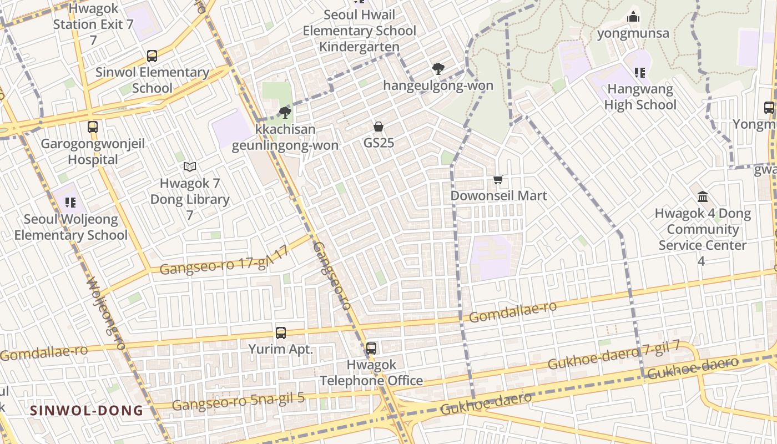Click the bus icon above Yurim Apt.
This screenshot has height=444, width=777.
click(281, 333)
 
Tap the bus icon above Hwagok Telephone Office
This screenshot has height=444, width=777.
click(371, 349)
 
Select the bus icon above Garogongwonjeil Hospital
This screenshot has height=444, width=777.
click(93, 127)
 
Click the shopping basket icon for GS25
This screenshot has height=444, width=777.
click(379, 127)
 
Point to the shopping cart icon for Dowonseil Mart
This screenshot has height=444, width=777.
click(498, 180)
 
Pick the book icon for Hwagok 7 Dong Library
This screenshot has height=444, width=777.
click(190, 167)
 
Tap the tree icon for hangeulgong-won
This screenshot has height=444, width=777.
click(438, 69)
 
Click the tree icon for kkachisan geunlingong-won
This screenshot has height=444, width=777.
click(286, 113)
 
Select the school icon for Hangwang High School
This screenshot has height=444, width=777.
click(640, 72)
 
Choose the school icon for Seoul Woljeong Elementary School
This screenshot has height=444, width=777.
click(70, 203)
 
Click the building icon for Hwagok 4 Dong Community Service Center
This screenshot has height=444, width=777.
click(703, 197)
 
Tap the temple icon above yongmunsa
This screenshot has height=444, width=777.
click(633, 17)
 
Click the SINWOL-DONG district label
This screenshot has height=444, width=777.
click(87, 411)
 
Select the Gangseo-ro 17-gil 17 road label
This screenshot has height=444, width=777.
click(224, 261)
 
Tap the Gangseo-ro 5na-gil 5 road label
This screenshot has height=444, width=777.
click(238, 401)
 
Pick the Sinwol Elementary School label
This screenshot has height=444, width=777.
click(152, 80)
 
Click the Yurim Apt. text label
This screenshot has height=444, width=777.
click(281, 350)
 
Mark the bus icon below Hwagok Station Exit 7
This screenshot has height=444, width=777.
click(152, 56)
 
